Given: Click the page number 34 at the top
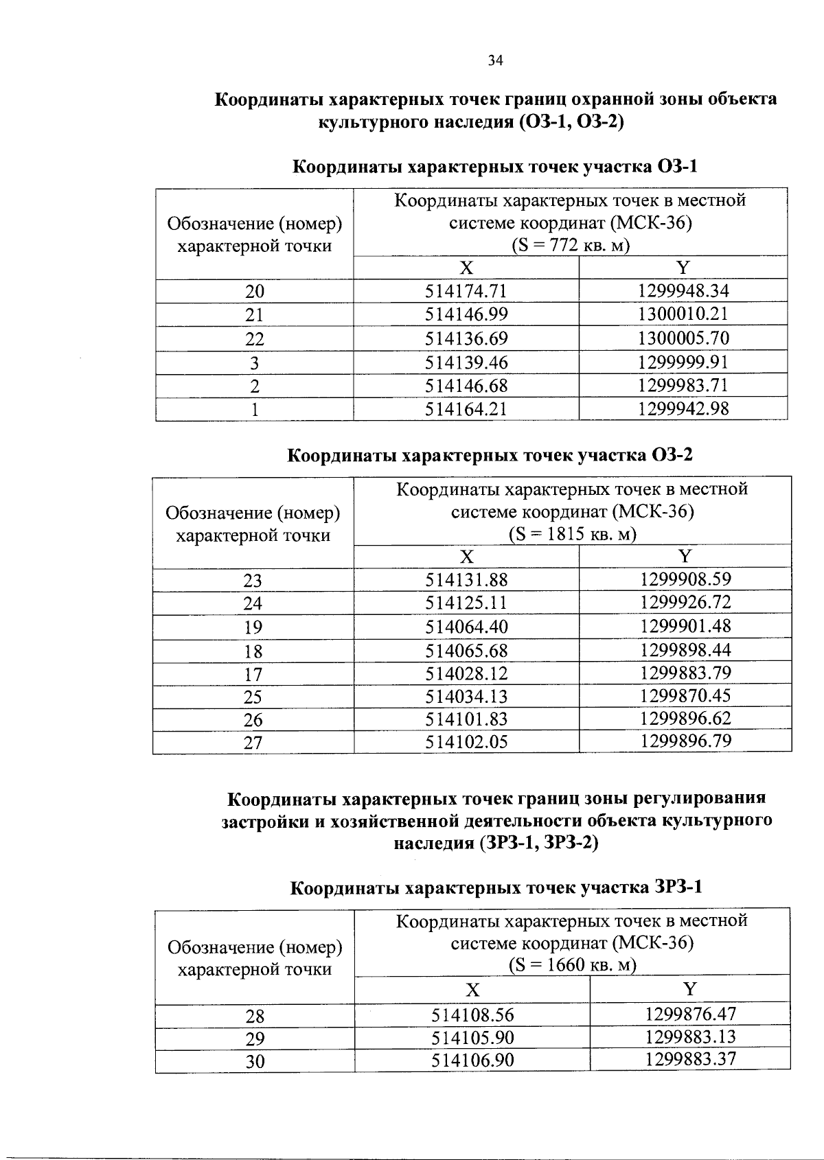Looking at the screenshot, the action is [495, 61].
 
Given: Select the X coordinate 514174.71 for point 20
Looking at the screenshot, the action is [466, 291].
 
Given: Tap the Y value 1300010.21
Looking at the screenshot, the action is [683, 314].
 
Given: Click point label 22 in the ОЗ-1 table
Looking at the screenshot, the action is [255, 338].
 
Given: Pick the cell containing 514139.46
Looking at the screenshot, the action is [466, 362].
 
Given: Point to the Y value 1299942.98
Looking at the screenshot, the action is [683, 409].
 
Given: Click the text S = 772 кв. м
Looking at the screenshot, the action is [570, 245].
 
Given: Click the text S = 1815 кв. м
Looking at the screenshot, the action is [572, 534].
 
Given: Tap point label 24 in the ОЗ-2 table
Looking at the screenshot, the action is [253, 603].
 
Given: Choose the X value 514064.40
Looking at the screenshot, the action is [466, 626].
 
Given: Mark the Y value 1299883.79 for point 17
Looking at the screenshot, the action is [685, 673].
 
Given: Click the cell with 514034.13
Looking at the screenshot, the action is [466, 697].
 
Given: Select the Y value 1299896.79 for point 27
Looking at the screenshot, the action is [685, 741].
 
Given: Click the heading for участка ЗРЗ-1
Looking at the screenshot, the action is [496, 888].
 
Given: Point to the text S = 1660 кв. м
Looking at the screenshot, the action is [572, 965].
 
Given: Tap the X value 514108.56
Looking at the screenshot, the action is [472, 1015].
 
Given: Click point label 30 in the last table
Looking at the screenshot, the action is [255, 1061].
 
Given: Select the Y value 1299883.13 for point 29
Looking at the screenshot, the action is [690, 1036].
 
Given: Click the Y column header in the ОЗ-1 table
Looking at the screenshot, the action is [683, 268].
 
